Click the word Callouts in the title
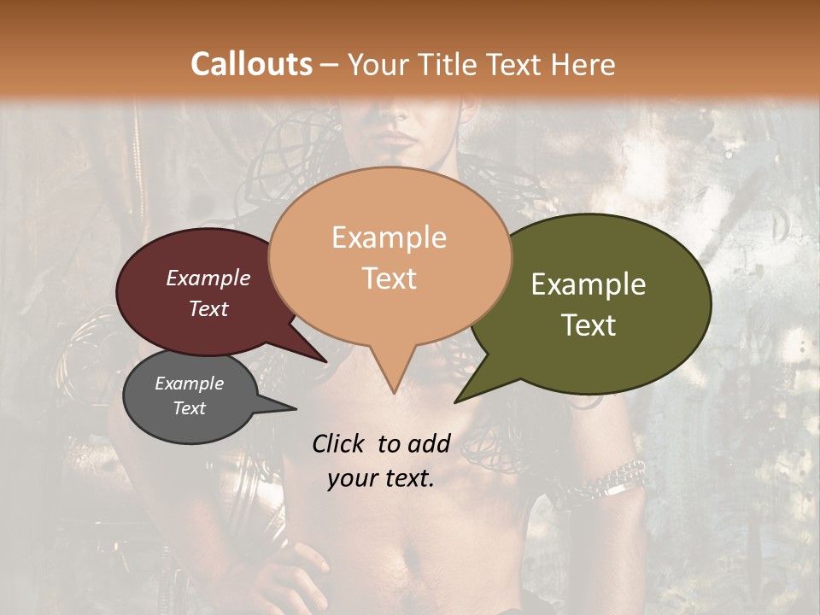[251, 64]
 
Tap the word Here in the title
[584, 64]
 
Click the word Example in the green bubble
[589, 284]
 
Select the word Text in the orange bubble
[389, 278]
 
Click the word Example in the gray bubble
[190, 384]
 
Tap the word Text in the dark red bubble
[208, 309]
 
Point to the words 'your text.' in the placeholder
[381, 478]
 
